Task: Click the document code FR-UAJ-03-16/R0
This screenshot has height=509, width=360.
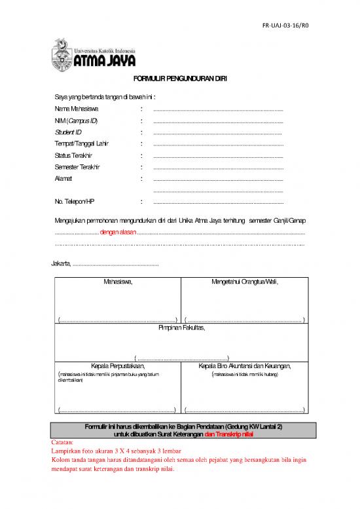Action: pos(286,26)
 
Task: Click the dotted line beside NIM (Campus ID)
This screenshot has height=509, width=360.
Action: pos(218,121)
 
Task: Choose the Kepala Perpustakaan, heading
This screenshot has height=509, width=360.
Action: pos(117,365)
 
